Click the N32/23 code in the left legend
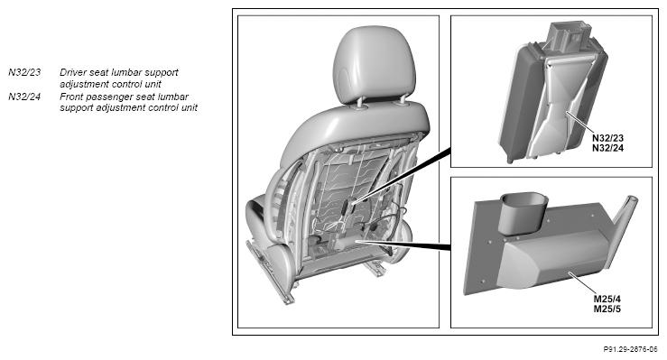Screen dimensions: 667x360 pos(24,72)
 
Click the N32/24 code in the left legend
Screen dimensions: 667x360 pos(24,97)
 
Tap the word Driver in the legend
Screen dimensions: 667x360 pos(73,72)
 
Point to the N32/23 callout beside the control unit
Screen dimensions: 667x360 pos(607,138)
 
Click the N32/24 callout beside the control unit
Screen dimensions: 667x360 pos(607,148)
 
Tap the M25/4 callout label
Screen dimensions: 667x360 pos(607,300)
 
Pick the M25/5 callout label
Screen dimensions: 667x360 pos(607,309)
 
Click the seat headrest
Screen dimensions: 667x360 pos(375,64)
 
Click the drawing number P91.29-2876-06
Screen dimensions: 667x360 pos(630,349)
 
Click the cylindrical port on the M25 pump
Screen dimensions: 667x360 pos(522,213)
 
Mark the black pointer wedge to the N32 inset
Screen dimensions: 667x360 pos(402,175)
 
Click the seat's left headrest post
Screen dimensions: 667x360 pos(361,102)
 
